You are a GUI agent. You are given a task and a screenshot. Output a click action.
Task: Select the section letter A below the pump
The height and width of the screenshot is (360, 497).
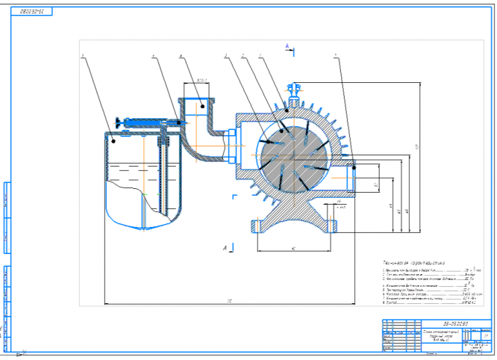coord(225,245)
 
